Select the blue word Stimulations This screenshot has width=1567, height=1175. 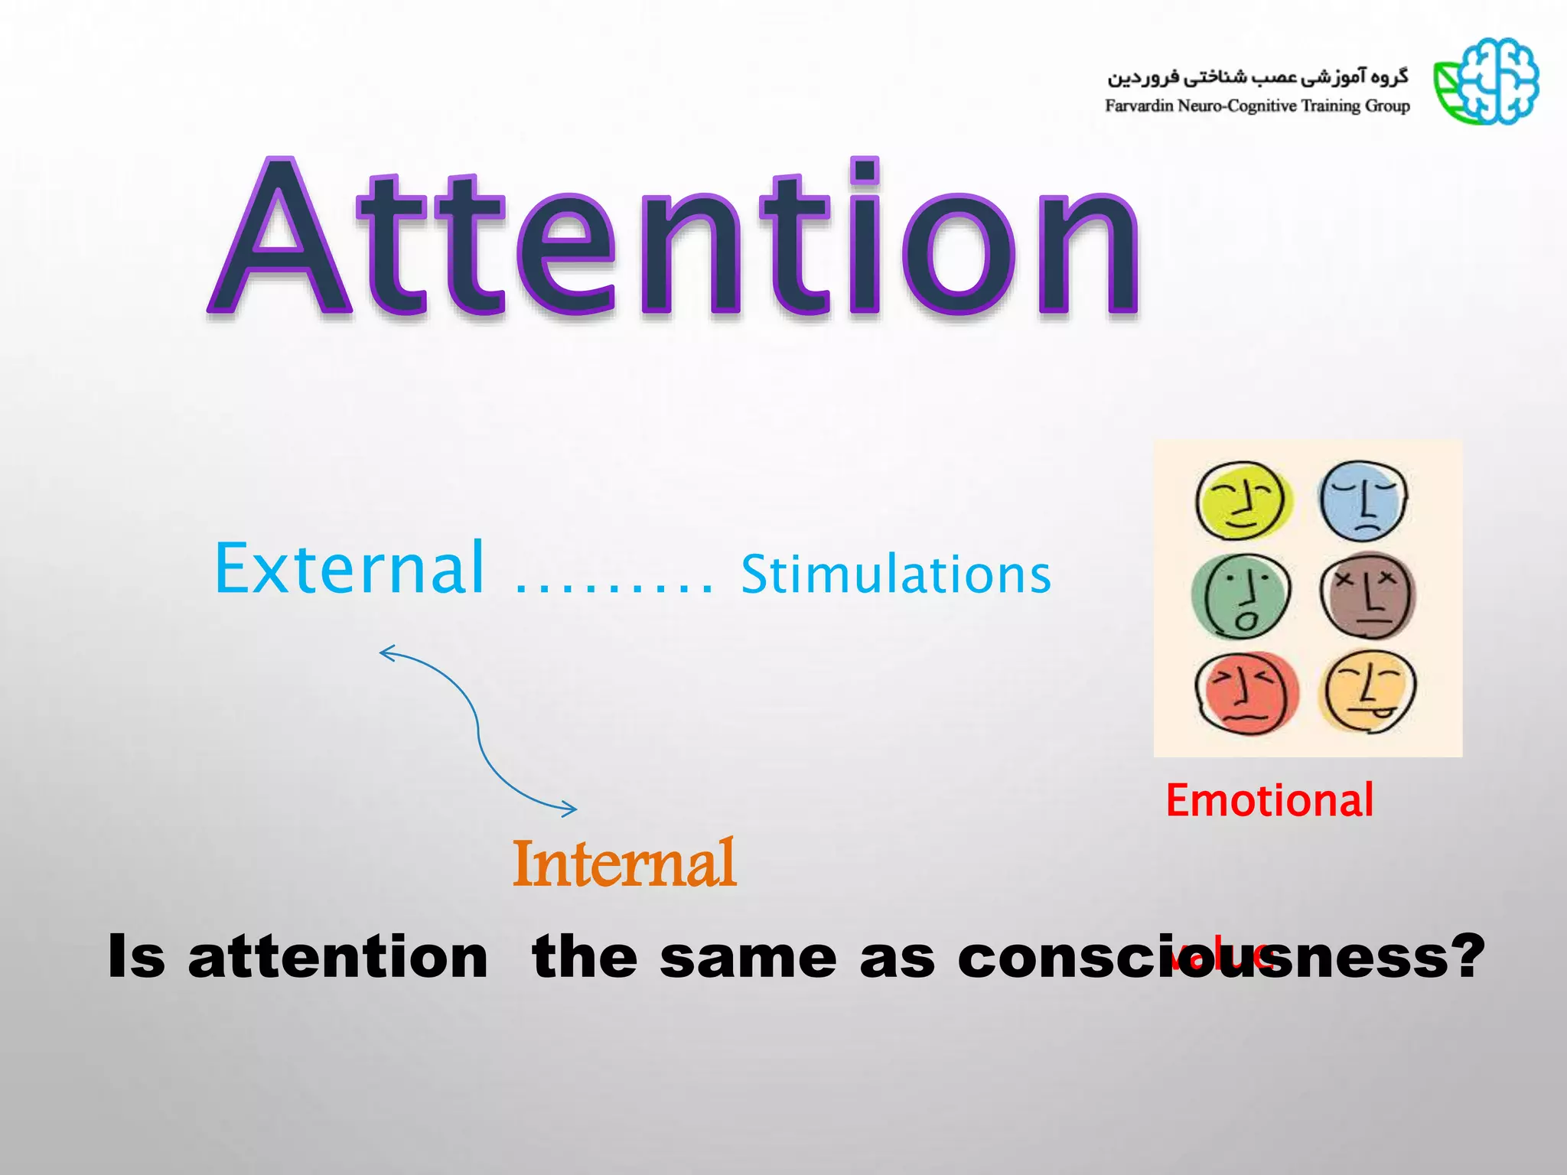[895, 575]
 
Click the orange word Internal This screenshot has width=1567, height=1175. [624, 864]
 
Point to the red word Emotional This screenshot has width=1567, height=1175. [1269, 801]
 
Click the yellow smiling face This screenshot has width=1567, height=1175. [1243, 501]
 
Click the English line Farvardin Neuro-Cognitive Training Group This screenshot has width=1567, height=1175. [1257, 106]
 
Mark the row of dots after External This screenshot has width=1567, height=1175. [613, 590]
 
